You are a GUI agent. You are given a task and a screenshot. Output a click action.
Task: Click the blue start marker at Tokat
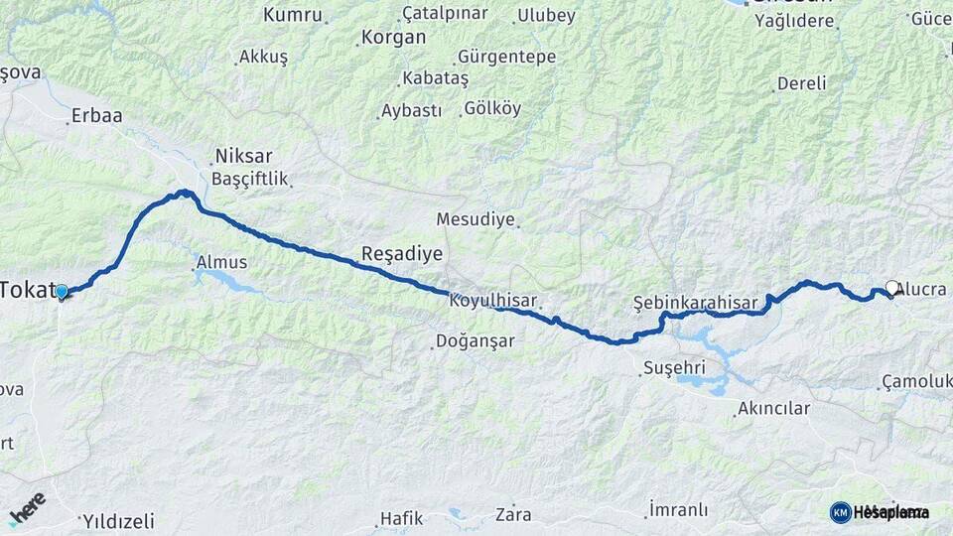coord(62,292)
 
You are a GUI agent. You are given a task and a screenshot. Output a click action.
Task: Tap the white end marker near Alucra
coord(891,289)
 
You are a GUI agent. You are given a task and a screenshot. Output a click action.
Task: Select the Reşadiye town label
coord(401,254)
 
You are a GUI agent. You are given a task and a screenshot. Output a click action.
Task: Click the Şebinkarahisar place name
coord(695,302)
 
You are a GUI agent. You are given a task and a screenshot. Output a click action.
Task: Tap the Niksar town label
coord(242,157)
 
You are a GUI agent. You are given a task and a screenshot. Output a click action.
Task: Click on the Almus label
coord(222,263)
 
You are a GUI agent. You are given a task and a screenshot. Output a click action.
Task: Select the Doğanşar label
coord(476,341)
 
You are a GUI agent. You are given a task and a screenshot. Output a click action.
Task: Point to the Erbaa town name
coord(96,116)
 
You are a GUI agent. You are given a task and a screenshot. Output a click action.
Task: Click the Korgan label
coord(393,38)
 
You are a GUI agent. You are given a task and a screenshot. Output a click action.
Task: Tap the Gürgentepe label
coord(507,57)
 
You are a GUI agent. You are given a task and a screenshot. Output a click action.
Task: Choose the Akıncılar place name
coord(774,408)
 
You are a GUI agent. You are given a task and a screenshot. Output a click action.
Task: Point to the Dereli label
coord(801,83)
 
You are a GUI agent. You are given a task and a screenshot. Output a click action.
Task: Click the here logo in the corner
coord(27,506)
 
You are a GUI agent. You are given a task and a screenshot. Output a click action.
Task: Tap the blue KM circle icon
coord(841,512)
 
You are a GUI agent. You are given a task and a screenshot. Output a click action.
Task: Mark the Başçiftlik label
coord(249,180)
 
